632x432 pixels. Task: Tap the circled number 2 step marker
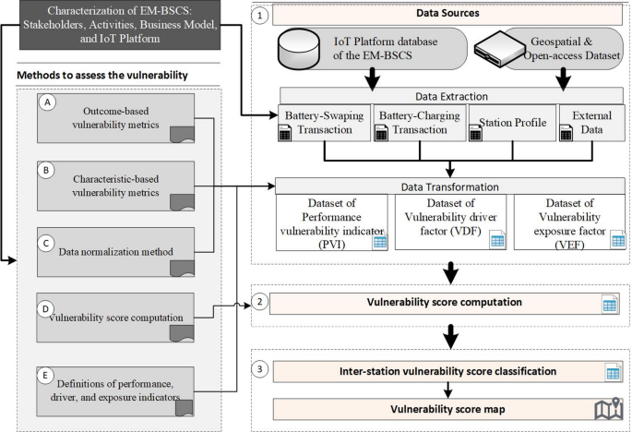tap(262, 302)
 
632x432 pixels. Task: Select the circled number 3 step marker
tap(262, 371)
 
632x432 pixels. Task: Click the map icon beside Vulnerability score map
tap(608, 407)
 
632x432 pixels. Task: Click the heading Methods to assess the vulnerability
tap(101, 73)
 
